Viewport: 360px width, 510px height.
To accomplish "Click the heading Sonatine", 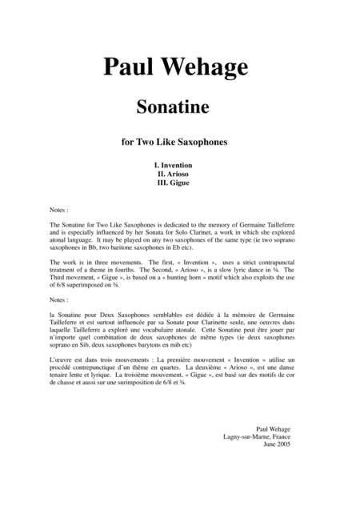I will coord(179,107).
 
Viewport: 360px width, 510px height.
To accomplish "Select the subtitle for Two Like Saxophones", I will coord(179,143).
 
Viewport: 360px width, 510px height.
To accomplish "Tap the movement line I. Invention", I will coord(179,163).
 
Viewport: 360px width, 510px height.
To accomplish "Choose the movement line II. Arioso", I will coord(179,173).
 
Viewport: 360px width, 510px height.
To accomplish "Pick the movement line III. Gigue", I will coord(179,183).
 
